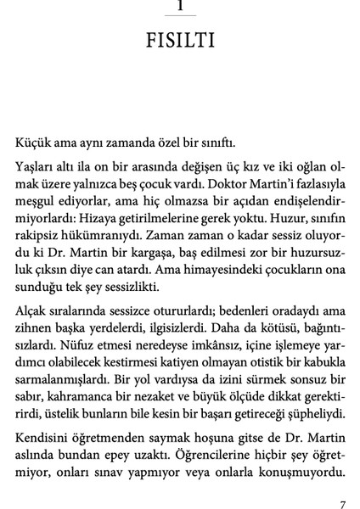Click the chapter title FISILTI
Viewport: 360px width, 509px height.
(x=179, y=42)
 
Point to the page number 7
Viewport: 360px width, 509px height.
(x=341, y=482)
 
